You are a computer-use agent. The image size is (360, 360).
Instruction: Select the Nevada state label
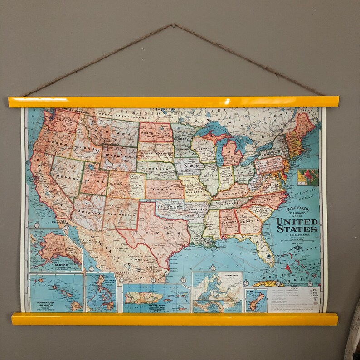(65, 175)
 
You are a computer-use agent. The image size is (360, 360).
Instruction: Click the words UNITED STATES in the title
(297, 225)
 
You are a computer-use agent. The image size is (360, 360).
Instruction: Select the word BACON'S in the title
(297, 209)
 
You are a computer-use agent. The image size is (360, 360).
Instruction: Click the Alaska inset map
(55, 250)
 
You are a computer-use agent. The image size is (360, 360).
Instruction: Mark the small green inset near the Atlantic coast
(307, 177)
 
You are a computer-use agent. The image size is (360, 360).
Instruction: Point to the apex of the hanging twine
(174, 25)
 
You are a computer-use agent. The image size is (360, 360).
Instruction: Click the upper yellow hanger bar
(173, 102)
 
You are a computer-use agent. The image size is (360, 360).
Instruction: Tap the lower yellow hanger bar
(175, 319)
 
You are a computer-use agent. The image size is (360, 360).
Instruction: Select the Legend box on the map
(294, 299)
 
